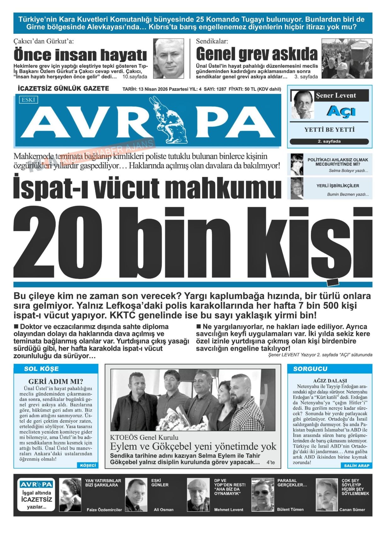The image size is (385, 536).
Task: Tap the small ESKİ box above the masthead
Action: click(x=28, y=100)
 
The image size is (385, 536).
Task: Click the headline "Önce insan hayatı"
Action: click(x=80, y=55)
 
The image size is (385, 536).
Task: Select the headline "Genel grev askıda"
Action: click(x=257, y=54)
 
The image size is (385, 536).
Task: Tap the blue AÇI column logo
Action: click(x=341, y=111)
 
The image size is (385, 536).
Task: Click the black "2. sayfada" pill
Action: click(x=329, y=142)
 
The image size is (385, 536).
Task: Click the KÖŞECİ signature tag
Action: click(x=88, y=465)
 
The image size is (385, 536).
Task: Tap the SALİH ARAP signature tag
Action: click(x=357, y=466)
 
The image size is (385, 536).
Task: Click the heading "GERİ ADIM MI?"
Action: click(x=56, y=382)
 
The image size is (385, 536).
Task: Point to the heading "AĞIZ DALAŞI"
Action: click(x=330, y=381)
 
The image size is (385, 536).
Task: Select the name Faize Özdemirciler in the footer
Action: click(x=104, y=510)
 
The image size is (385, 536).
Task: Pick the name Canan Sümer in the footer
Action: click(x=352, y=510)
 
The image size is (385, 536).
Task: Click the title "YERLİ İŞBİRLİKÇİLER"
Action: click(x=338, y=186)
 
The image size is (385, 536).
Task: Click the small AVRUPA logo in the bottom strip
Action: click(x=36, y=484)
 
